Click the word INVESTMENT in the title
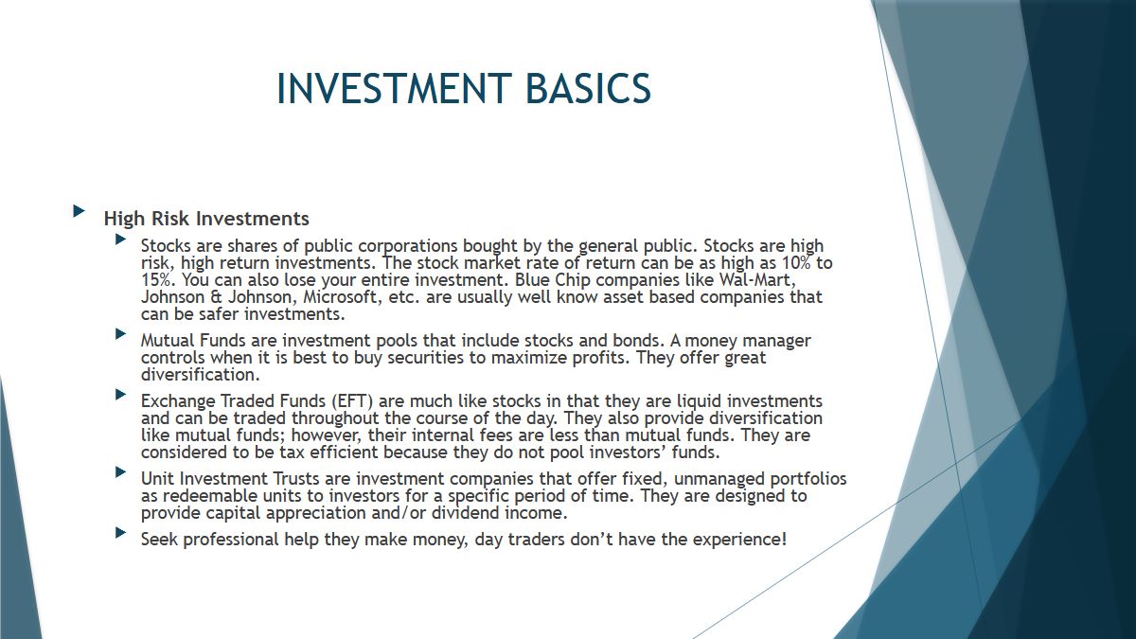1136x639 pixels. (394, 88)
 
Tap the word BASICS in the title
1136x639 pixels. (588, 88)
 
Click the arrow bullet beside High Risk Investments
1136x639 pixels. (80, 210)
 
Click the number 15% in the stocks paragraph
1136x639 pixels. (157, 280)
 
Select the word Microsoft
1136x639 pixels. (341, 296)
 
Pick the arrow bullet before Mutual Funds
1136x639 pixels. (121, 333)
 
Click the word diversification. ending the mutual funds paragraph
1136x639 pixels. (201, 375)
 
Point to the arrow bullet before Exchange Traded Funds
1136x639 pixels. (121, 394)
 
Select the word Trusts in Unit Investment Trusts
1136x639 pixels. (296, 479)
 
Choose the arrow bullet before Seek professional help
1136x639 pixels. (121, 532)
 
